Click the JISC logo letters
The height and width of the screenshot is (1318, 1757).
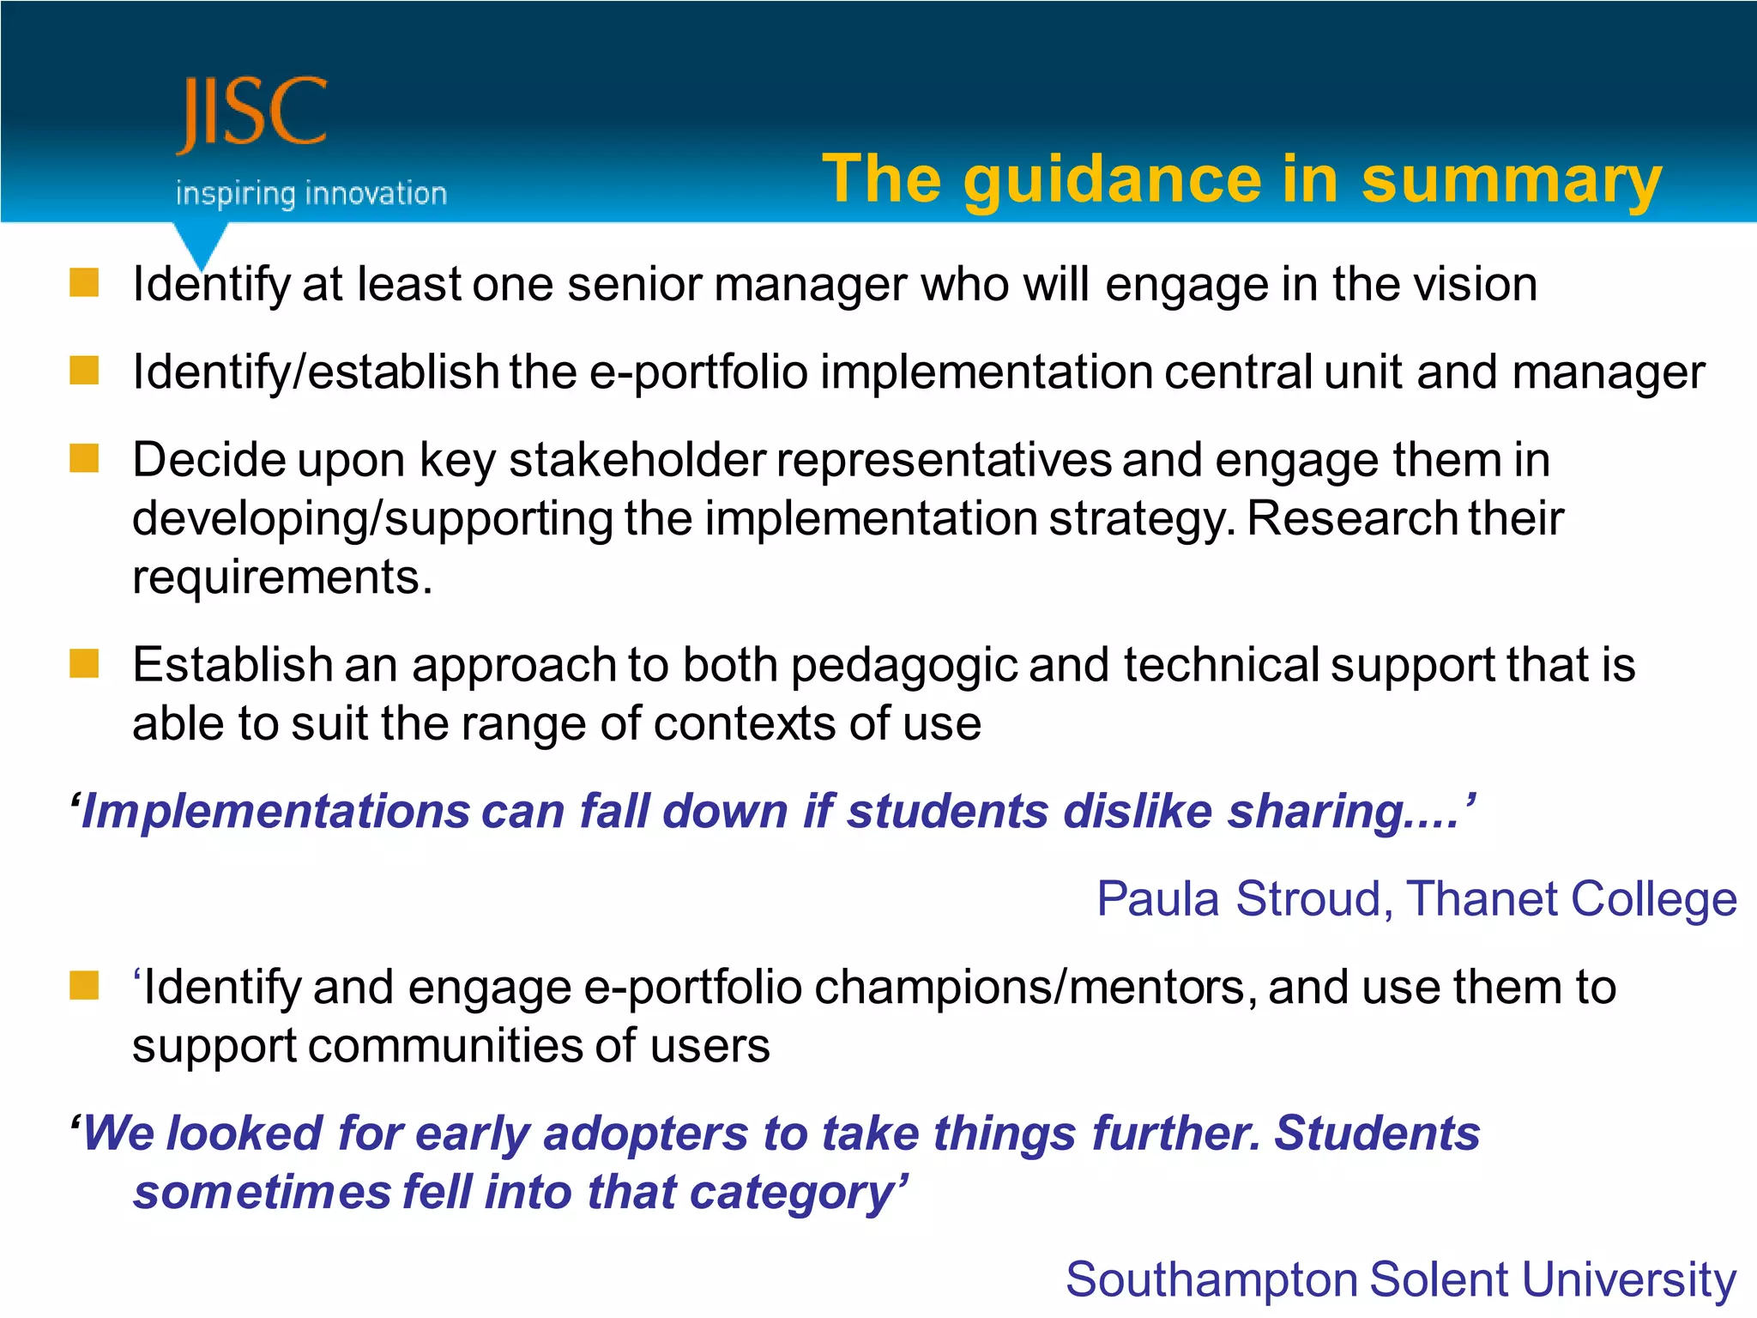click(x=251, y=114)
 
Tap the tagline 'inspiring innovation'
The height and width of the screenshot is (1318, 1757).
click(x=311, y=194)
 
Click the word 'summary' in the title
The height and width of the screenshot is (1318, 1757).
click(x=1511, y=180)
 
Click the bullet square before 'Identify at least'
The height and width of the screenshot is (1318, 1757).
click(x=84, y=282)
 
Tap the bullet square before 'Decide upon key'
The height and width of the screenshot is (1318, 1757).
click(x=84, y=458)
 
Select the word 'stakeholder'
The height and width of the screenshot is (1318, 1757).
click(x=637, y=461)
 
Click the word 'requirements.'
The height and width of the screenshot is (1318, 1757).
click(x=282, y=577)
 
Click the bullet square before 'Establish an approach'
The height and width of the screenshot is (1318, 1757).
click(x=84, y=663)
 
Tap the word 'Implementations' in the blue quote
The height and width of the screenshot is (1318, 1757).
click(x=275, y=812)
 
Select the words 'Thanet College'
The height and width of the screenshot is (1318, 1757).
click(x=1571, y=900)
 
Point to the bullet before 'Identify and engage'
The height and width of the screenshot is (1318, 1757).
click(x=84, y=986)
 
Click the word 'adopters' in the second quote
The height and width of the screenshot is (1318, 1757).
click(x=646, y=1134)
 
